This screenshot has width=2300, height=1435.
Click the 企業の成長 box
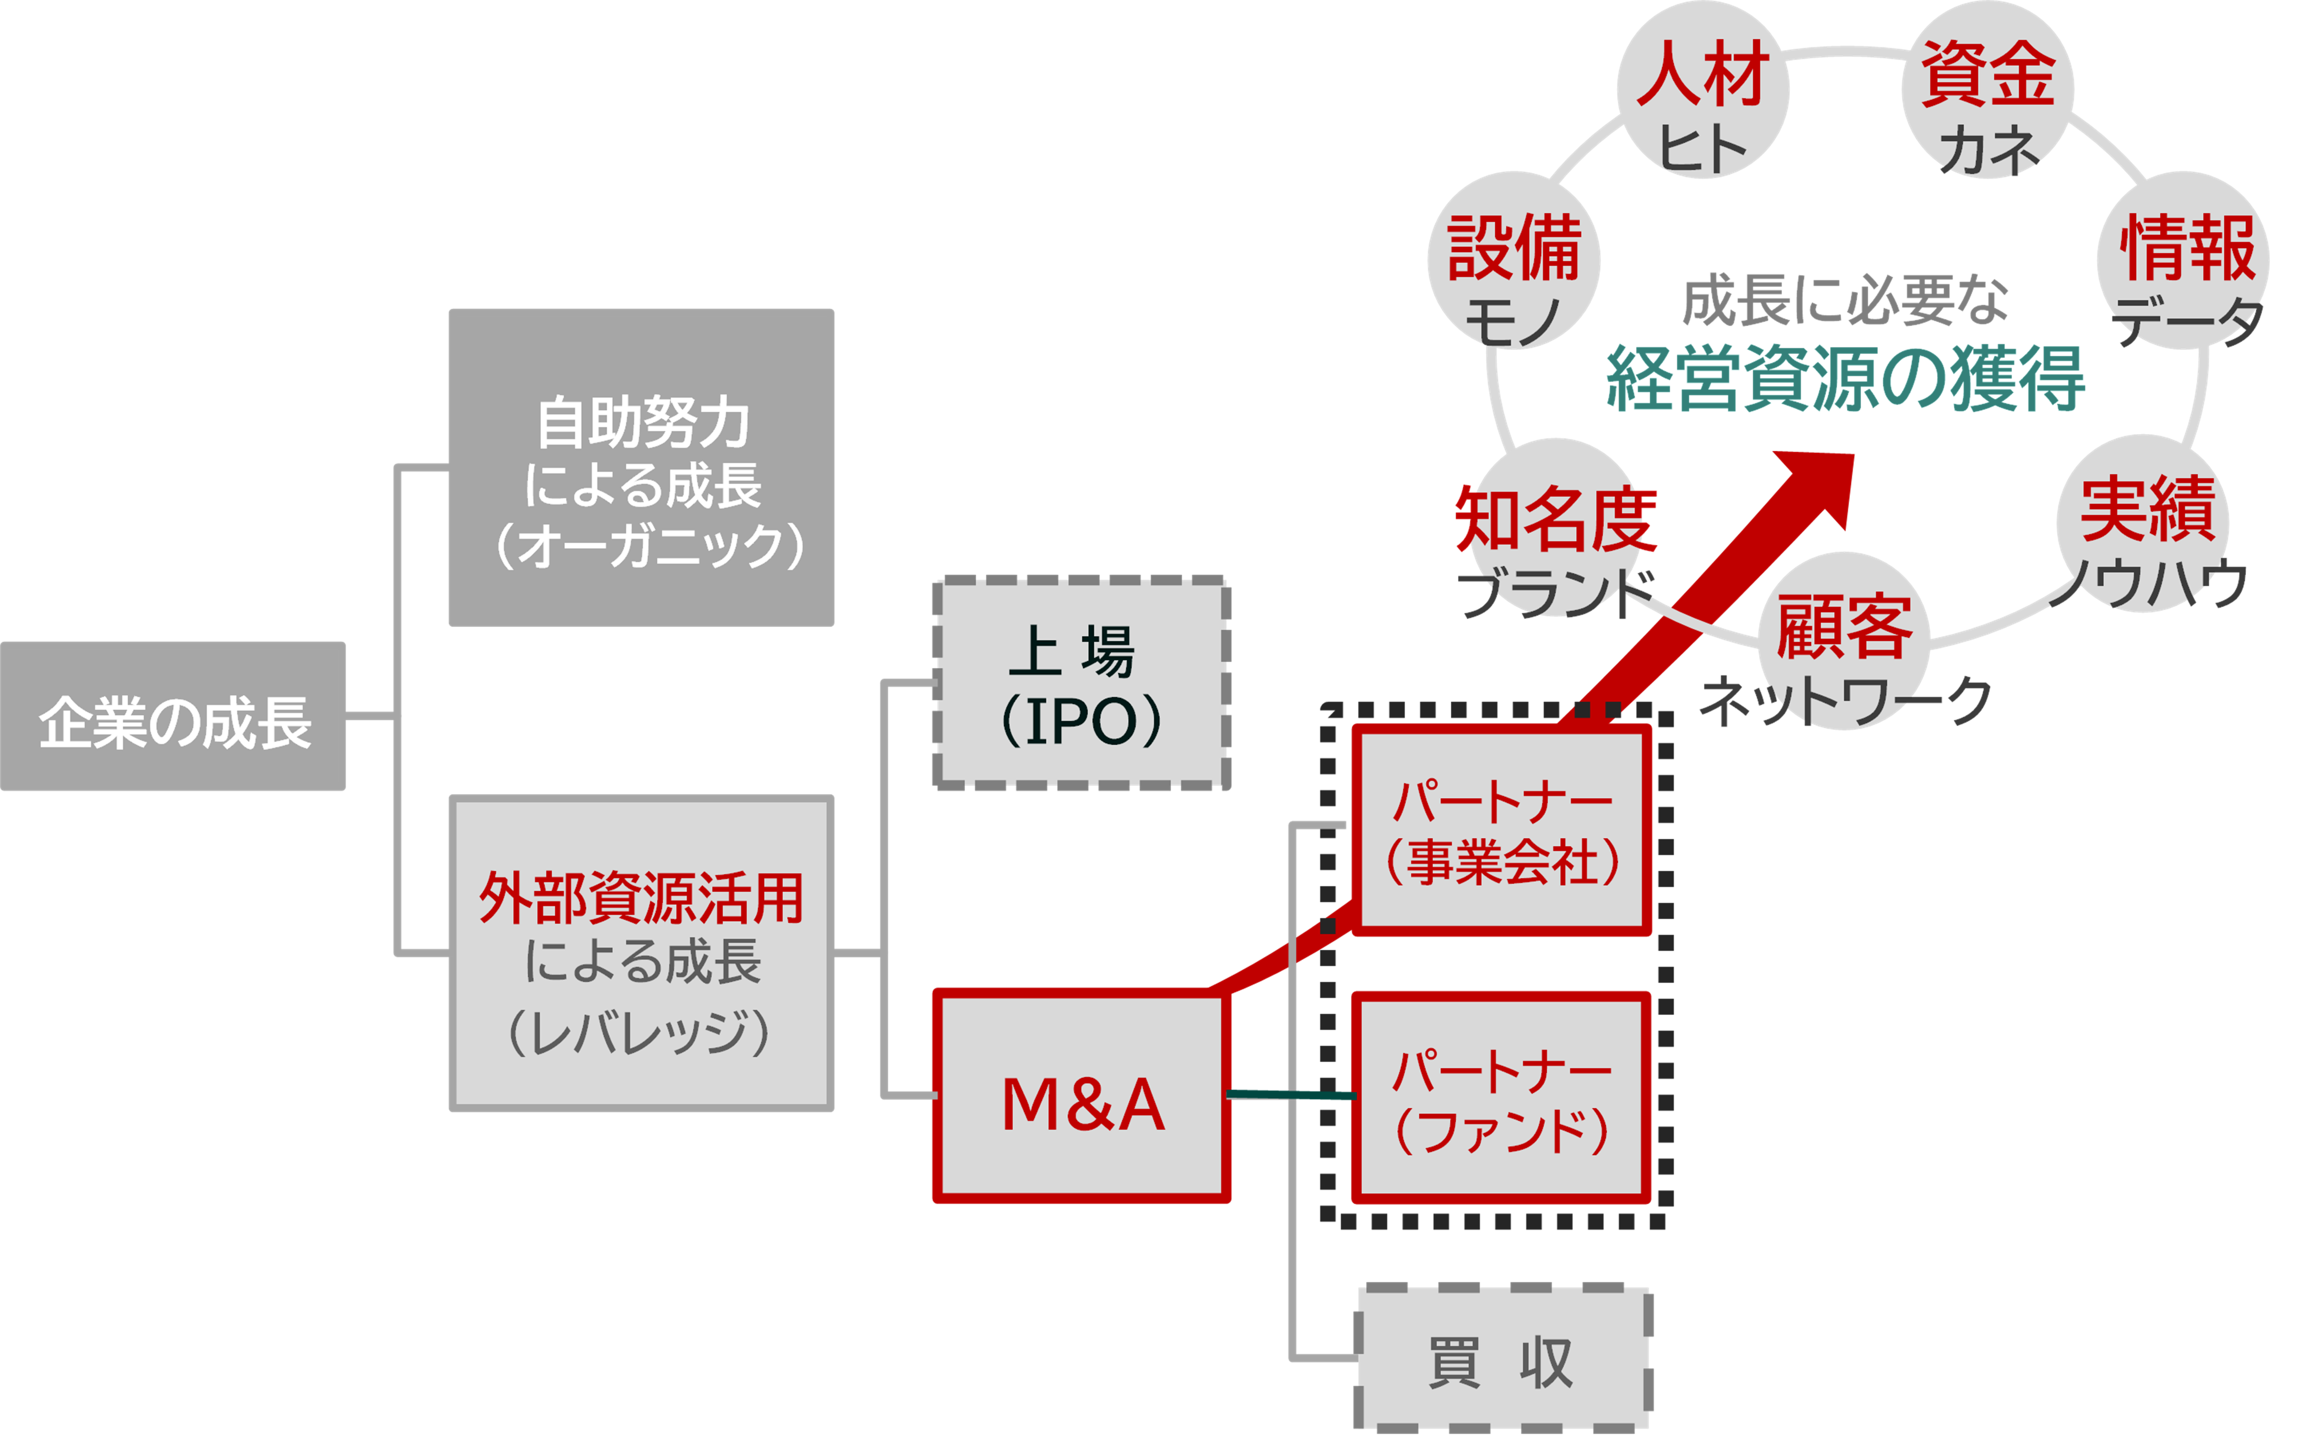click(x=173, y=716)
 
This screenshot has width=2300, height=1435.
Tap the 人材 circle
click(x=1703, y=90)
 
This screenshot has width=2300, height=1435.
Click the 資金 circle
click(x=1988, y=90)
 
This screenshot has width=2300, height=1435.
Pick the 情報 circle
click(x=2183, y=261)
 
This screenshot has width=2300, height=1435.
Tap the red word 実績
click(x=2147, y=510)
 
